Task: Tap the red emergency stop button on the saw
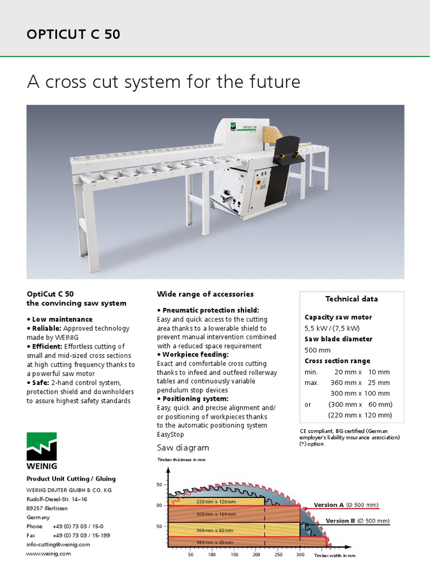tap(259, 182)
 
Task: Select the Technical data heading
tap(352, 299)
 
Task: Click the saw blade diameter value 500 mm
tap(317, 350)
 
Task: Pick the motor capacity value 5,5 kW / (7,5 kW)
tap(332, 328)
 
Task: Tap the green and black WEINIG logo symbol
tap(42, 446)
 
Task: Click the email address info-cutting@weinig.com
tap(58, 544)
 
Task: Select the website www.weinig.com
tap(49, 553)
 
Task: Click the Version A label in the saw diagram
tap(329, 505)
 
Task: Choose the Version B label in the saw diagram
tap(340, 521)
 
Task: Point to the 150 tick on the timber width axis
tap(234, 555)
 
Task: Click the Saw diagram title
tap(183, 448)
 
